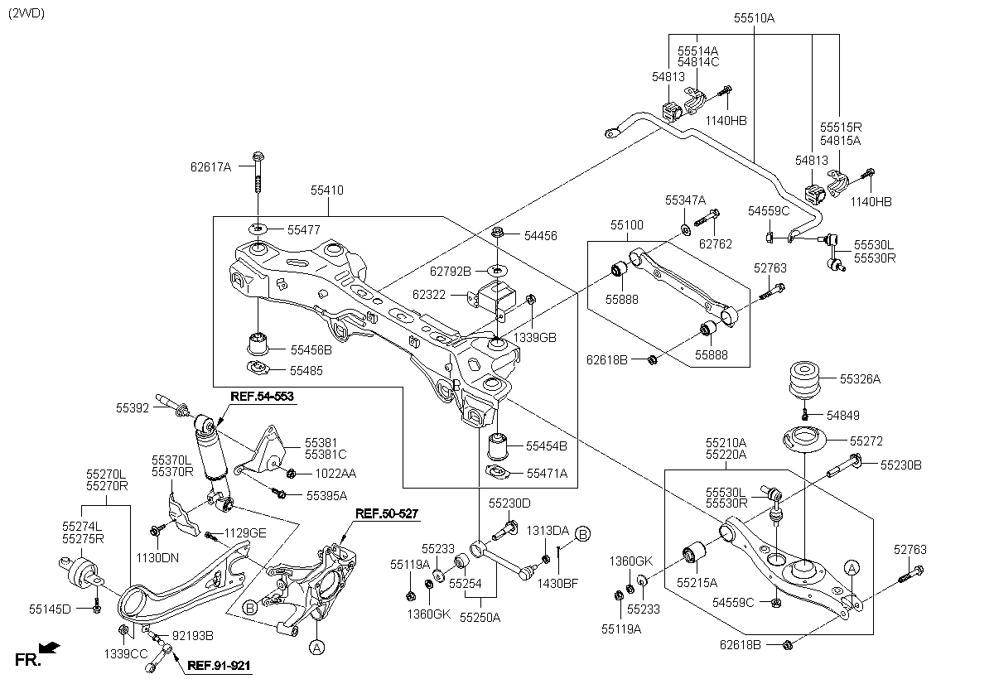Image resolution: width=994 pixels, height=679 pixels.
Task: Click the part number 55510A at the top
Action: tap(754, 18)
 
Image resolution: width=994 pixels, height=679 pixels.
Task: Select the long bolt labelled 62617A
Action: tap(258, 172)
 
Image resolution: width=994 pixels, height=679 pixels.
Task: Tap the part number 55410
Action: tap(327, 190)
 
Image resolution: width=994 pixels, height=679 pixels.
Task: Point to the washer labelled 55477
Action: tap(258, 229)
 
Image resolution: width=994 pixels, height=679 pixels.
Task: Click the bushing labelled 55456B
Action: tap(258, 344)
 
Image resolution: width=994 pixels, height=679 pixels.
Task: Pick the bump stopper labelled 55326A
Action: tap(804, 379)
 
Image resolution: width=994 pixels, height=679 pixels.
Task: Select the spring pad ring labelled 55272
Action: tap(804, 439)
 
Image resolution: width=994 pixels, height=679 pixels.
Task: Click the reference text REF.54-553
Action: tap(263, 397)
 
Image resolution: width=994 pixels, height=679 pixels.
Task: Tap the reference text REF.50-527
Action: tap(387, 513)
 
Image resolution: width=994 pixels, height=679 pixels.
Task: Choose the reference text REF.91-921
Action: tap(219, 665)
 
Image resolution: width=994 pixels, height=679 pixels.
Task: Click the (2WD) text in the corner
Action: tap(27, 13)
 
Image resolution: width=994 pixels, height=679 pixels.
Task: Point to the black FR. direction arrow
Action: tap(49, 648)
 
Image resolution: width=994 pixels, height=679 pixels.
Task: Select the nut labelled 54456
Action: tap(498, 232)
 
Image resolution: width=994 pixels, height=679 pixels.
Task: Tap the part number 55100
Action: tap(626, 225)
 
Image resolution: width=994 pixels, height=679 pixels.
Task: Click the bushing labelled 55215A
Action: tap(694, 552)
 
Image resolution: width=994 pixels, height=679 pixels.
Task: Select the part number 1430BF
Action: tap(557, 584)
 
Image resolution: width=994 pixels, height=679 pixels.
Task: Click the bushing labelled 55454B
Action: tap(498, 446)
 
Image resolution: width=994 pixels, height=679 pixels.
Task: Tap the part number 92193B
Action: tap(192, 636)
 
